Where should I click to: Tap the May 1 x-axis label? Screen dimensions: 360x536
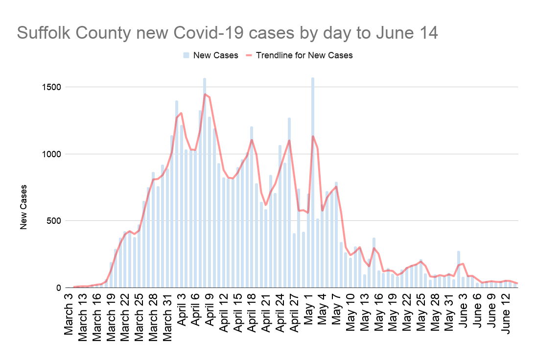point(309,309)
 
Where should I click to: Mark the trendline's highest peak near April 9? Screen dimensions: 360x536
point(205,94)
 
